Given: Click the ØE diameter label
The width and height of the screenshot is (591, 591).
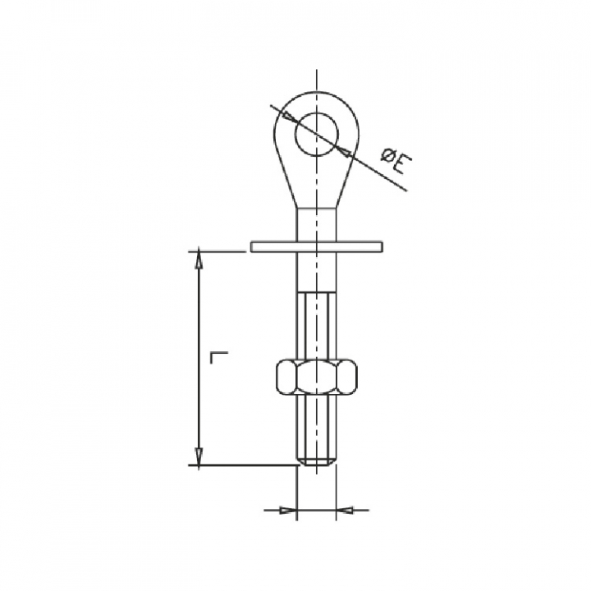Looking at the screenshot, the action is click(x=396, y=162).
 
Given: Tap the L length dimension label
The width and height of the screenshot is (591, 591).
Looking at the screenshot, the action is click(x=219, y=357).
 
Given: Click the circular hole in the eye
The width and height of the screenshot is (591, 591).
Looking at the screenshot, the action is click(x=317, y=134).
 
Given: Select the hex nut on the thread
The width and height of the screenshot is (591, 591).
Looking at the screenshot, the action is click(x=317, y=378).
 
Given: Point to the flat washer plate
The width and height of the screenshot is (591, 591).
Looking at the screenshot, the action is click(x=317, y=246).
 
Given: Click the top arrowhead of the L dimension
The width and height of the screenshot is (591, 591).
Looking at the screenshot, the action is click(x=199, y=259).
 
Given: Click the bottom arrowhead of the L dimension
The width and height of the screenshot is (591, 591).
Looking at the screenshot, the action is click(x=199, y=456).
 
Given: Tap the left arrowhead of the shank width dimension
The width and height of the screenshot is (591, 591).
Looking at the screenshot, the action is click(x=287, y=511).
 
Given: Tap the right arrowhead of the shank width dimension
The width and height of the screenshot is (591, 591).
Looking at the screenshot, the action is click(x=345, y=511).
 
